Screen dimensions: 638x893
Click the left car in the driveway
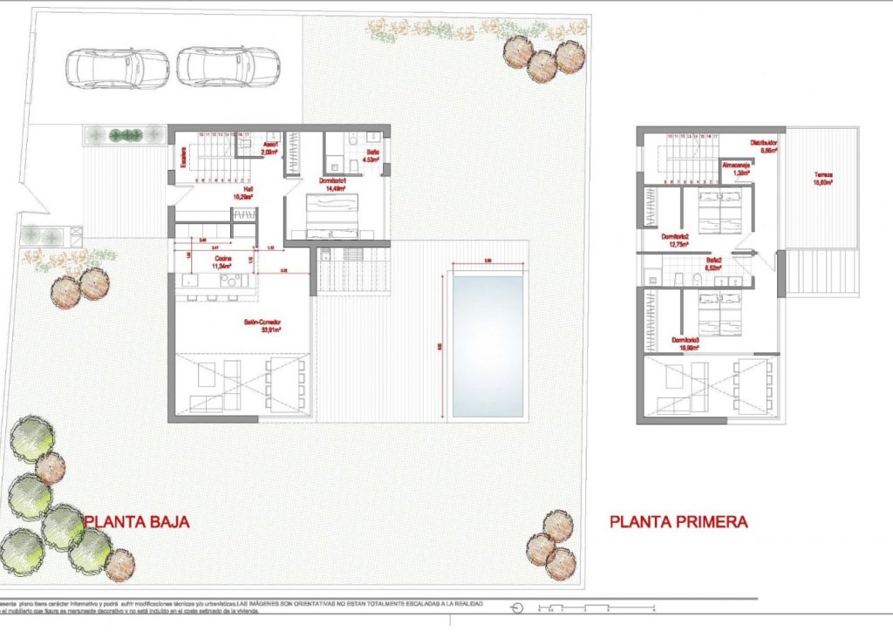117,68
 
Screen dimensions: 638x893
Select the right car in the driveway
228,67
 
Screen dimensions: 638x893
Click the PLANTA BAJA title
136,522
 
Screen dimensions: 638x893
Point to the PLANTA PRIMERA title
678,522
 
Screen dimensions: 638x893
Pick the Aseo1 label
270,144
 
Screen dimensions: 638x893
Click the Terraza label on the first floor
822,174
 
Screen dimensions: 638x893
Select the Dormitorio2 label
676,237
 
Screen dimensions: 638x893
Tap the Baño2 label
714,260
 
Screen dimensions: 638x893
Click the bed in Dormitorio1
331,216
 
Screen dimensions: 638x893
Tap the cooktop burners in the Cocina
231,280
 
